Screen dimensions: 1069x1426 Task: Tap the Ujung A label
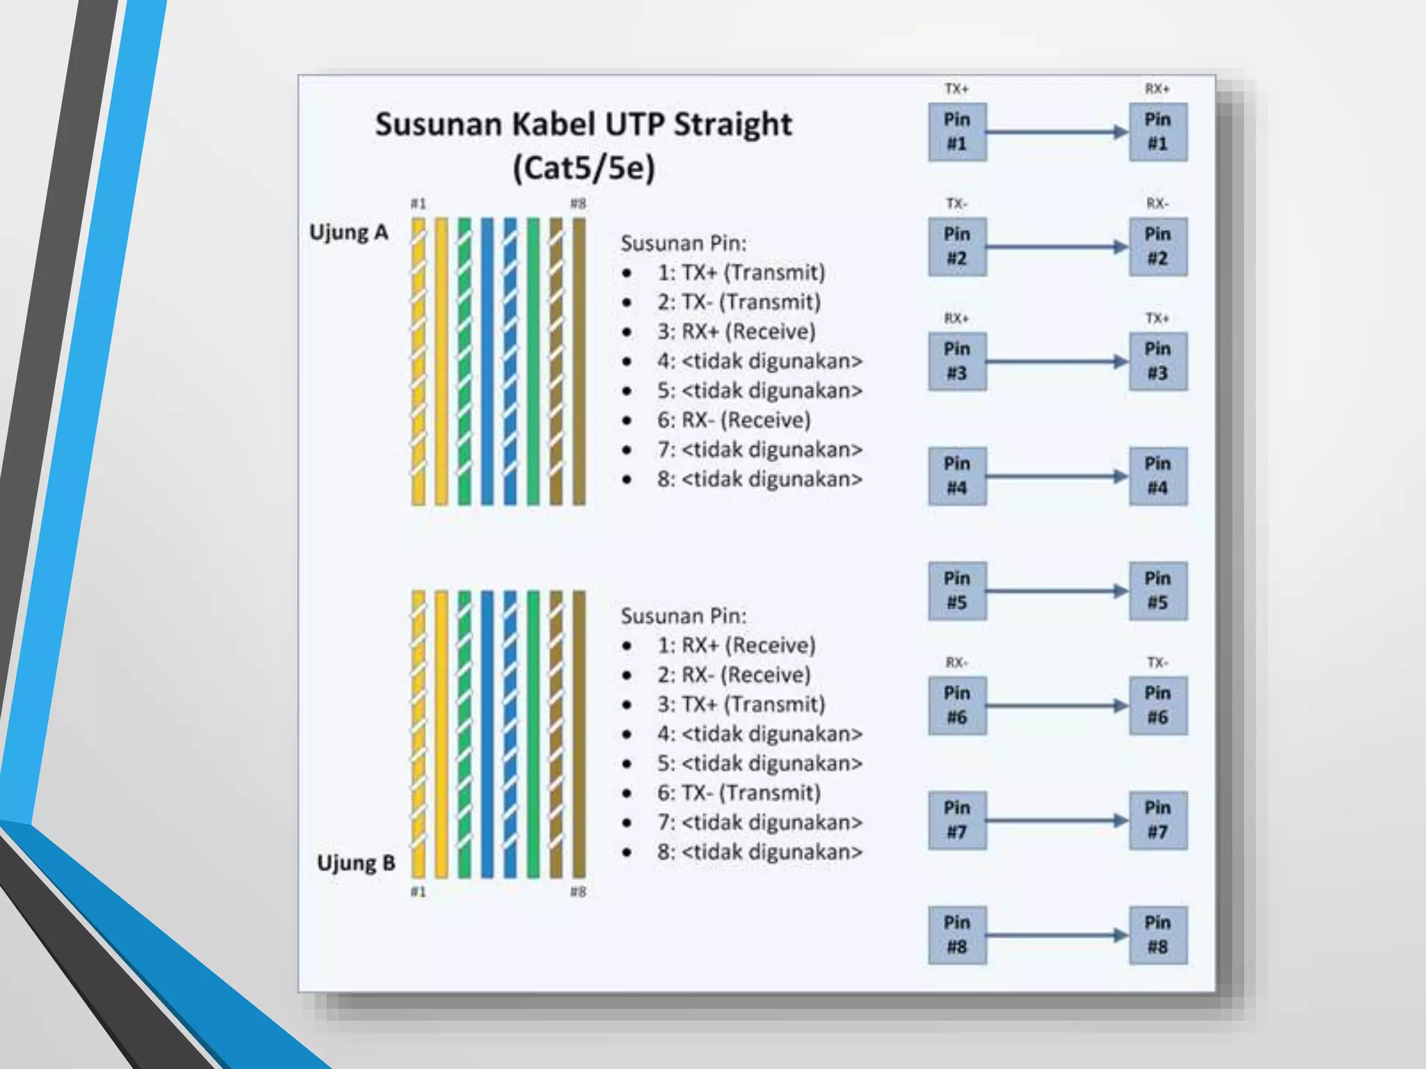pyautogui.click(x=348, y=232)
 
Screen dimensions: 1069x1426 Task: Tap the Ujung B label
pyautogui.click(x=356, y=863)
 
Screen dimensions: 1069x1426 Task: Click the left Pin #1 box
pyautogui.click(x=957, y=132)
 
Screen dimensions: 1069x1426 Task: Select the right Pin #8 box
pyautogui.click(x=1157, y=935)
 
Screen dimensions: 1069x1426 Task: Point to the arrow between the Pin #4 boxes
pyautogui.click(x=1057, y=476)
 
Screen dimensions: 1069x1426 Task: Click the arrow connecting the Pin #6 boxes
pyautogui.click(x=1057, y=706)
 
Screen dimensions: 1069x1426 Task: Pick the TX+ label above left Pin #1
pyautogui.click(x=957, y=89)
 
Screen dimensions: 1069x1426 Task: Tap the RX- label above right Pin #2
pyautogui.click(x=1157, y=203)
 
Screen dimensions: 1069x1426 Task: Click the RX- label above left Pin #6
pyautogui.click(x=957, y=663)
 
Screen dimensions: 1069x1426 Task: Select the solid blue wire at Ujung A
pyautogui.click(x=487, y=362)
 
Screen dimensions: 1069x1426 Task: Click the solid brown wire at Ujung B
pyautogui.click(x=579, y=734)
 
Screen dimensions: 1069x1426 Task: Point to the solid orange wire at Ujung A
pyautogui.click(x=441, y=362)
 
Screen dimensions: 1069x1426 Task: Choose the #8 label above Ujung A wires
pyautogui.click(x=578, y=203)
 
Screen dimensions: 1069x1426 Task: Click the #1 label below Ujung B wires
pyautogui.click(x=418, y=892)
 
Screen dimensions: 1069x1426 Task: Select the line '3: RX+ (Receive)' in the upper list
pyautogui.click(x=735, y=331)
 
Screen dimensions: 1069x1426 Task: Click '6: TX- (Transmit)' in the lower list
pyautogui.click(x=738, y=793)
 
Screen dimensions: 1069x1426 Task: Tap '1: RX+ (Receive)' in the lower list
pyautogui.click(x=735, y=645)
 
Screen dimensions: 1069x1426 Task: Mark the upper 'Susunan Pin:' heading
pyautogui.click(x=683, y=244)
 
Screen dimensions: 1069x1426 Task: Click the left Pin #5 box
pyautogui.click(x=957, y=591)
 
